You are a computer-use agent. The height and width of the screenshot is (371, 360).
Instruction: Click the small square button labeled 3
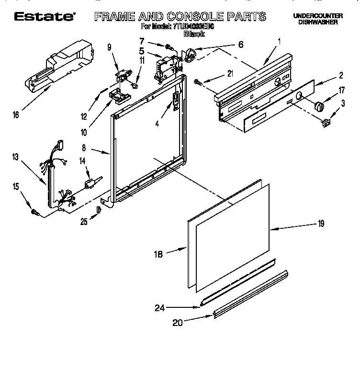pyautogui.click(x=325, y=124)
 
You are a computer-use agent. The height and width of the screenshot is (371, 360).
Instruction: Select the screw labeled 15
pyautogui.click(x=34, y=211)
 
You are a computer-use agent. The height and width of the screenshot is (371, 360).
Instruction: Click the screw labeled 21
pyautogui.click(x=198, y=82)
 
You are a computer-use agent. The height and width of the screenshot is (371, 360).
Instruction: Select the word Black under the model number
pyautogui.click(x=194, y=34)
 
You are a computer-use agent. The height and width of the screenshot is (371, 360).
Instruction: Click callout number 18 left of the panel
pyautogui.click(x=158, y=254)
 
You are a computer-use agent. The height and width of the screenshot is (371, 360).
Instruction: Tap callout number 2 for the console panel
pyautogui.click(x=340, y=75)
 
